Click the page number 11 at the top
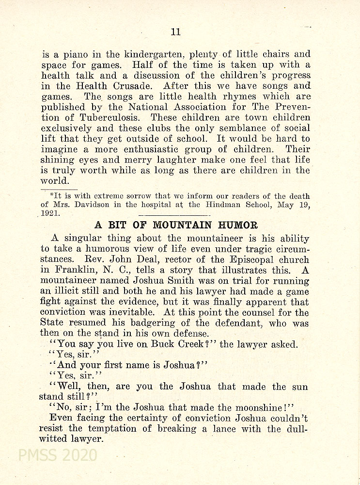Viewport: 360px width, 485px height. pos(176,32)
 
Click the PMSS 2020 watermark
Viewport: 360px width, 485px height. pos(57,455)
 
